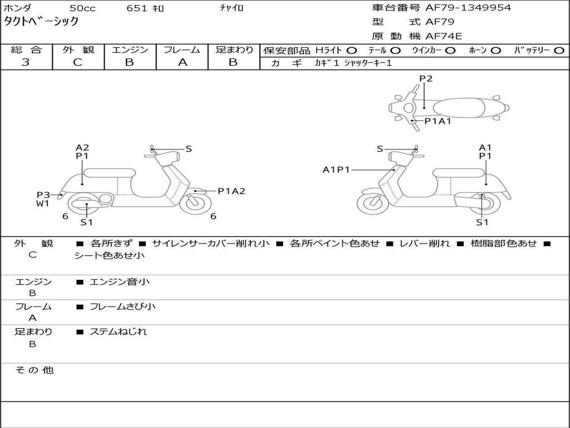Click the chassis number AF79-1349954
coord(468,8)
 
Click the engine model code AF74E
coord(444,36)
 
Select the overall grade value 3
coord(26,62)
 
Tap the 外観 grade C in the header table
coord(78,62)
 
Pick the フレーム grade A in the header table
coord(182,62)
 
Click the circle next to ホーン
coord(495,51)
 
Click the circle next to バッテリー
coord(559,51)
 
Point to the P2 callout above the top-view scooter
coord(426,79)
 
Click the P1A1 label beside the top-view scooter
coord(438,121)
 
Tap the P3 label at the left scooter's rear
coord(43,195)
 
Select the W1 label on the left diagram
coord(42,203)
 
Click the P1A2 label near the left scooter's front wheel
coord(232,191)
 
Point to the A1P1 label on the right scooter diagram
coord(336,169)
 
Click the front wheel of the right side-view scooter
coord(373,204)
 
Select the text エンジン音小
coord(120,281)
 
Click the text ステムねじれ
coord(118,332)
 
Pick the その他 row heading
coord(35,370)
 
